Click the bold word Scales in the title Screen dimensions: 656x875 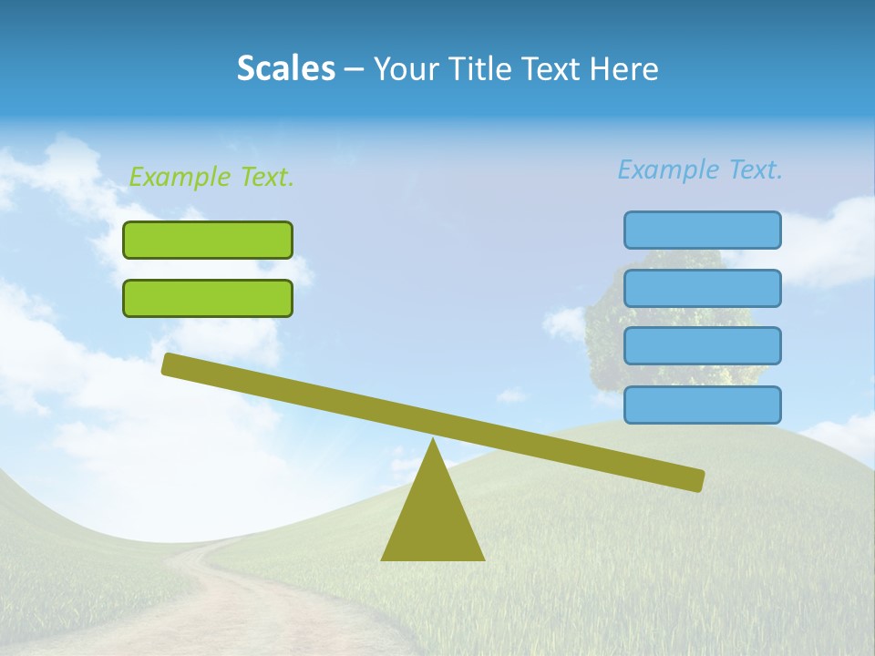click(x=285, y=68)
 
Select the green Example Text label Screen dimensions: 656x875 click(x=211, y=177)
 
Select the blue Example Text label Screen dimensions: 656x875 click(x=700, y=169)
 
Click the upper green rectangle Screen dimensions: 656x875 click(x=208, y=240)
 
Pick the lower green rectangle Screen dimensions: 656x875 click(x=208, y=298)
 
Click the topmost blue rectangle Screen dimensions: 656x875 click(x=702, y=230)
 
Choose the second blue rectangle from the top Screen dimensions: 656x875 click(x=702, y=288)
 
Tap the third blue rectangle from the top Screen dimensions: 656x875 click(x=702, y=346)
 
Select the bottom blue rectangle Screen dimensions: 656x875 click(x=702, y=405)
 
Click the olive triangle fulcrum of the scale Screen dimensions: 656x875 click(x=433, y=519)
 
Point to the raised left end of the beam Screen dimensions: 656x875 click(x=170, y=364)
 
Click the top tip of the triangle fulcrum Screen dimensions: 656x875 click(x=433, y=441)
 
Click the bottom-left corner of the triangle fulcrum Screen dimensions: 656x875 click(x=384, y=559)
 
